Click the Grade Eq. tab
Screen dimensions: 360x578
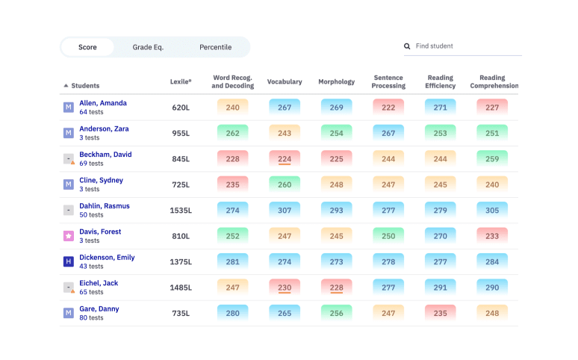coord(148,47)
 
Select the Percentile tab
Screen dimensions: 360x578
coord(215,47)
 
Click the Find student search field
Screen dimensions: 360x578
coord(467,46)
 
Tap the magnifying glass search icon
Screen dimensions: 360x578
coord(407,46)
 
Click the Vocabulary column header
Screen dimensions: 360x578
coord(285,81)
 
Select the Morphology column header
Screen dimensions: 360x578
coord(336,81)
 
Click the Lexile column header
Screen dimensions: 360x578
coord(181,81)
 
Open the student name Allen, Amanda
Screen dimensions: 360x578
coord(103,103)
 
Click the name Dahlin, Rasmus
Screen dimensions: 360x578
coord(105,206)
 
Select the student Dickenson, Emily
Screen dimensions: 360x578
coord(107,258)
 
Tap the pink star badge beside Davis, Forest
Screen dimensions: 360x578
coord(68,236)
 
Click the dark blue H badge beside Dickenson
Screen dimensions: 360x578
coord(68,261)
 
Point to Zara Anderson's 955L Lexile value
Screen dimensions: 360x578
coord(181,133)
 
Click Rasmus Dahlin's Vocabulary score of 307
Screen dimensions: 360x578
coord(285,211)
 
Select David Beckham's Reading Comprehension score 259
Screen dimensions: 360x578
coord(491,159)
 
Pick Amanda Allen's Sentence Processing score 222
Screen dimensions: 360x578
coord(388,108)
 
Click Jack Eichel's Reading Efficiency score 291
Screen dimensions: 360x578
coord(440,288)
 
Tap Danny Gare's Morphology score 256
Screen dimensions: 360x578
coord(336,313)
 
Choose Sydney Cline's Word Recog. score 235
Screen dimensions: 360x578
coord(232,184)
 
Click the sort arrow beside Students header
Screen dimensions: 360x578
coord(66,86)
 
